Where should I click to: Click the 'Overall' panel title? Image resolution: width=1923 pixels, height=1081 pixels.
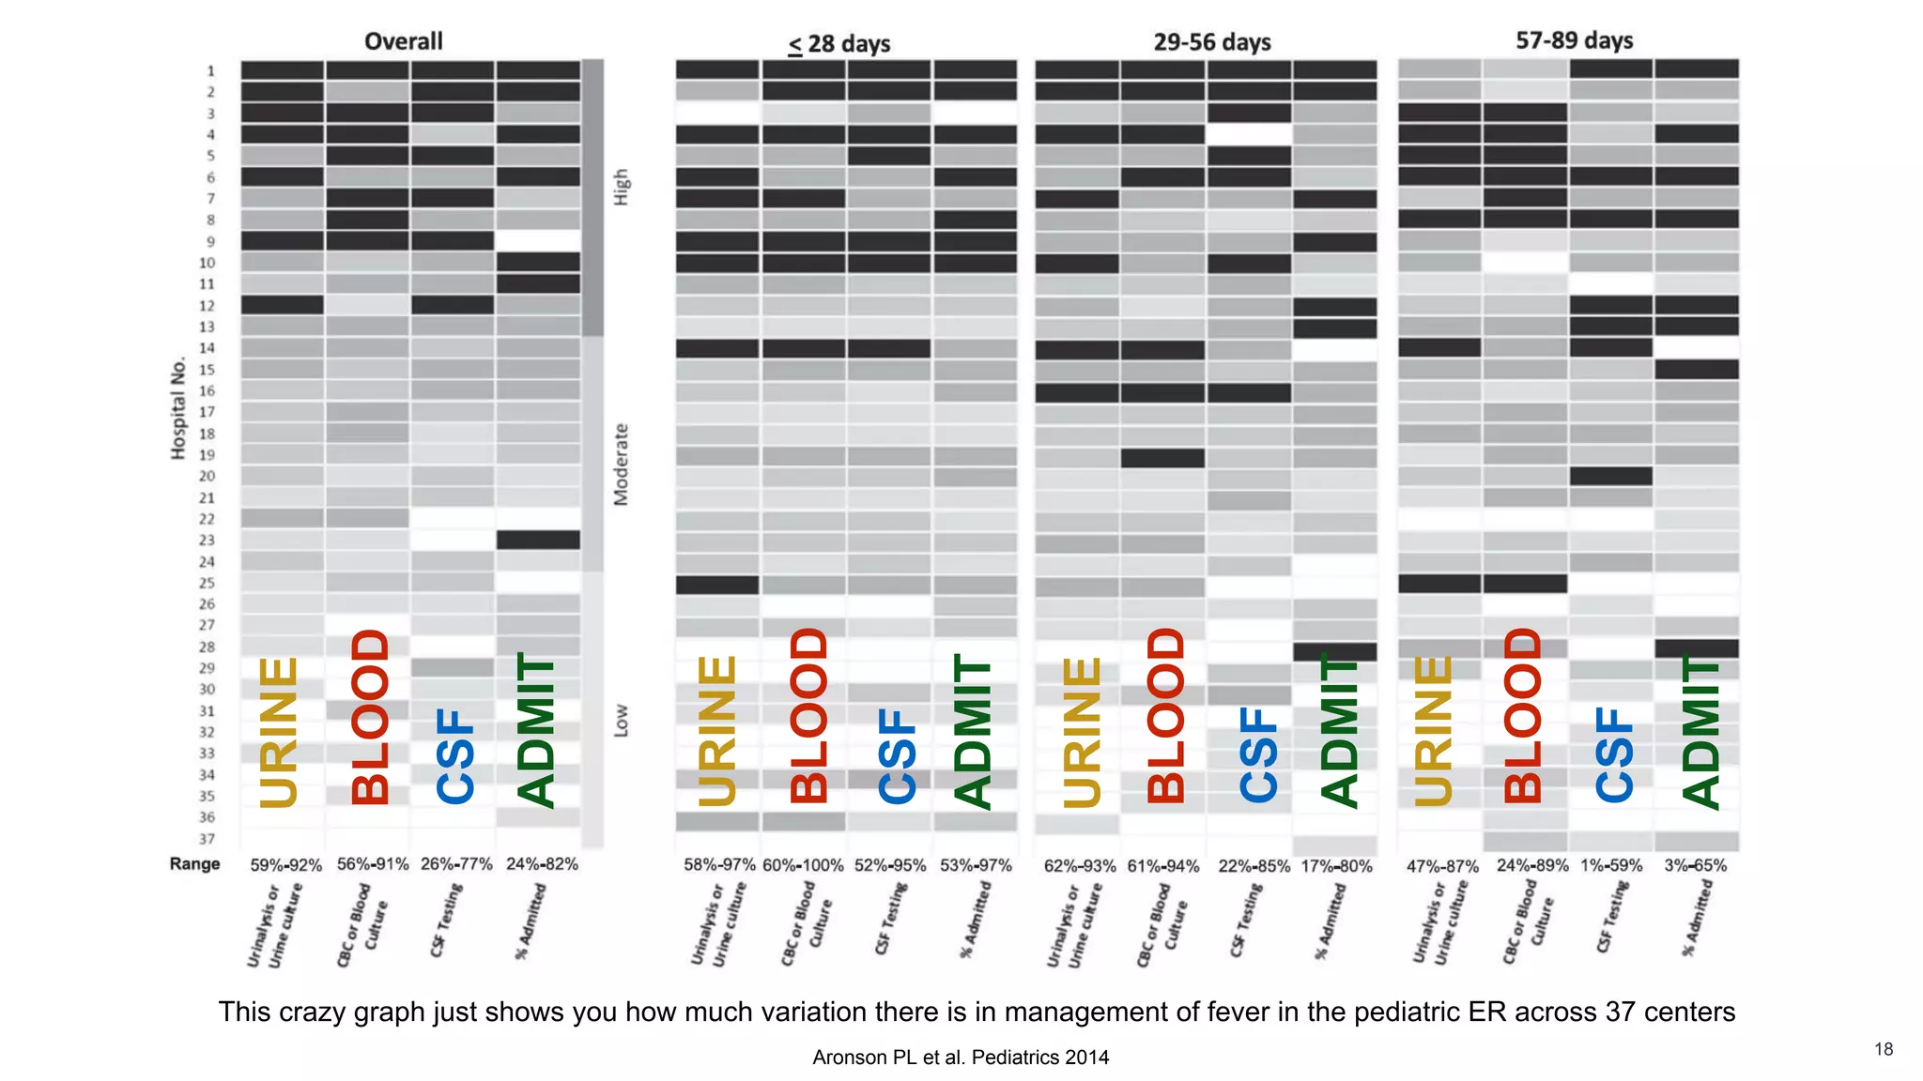pos(403,41)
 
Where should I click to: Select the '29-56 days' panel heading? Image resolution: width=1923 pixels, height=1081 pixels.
pos(1211,42)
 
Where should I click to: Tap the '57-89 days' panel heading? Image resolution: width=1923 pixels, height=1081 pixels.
pos(1574,40)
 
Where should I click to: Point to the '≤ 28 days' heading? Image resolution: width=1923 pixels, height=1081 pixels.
pos(839,44)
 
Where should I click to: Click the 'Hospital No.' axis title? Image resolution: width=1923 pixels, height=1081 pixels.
pos(178,408)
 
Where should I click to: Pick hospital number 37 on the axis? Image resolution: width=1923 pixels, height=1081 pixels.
pos(207,839)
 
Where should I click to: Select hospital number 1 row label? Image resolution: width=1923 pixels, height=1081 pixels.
pos(210,70)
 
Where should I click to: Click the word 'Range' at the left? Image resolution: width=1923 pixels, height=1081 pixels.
pos(194,863)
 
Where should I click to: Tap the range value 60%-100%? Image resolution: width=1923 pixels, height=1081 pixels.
pos(803,865)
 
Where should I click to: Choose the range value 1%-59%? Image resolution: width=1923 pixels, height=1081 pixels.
pos(1611,865)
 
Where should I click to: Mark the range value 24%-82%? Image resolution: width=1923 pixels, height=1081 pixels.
pos(542,863)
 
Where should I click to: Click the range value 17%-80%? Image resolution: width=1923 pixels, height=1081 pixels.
pos(1336,866)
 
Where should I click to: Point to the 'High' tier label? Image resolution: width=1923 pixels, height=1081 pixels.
pos(622,188)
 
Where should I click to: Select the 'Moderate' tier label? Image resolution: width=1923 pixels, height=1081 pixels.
pos(621,464)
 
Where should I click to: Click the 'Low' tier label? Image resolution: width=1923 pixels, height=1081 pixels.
pos(621,721)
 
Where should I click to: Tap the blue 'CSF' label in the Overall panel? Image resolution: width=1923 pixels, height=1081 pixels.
pos(455,755)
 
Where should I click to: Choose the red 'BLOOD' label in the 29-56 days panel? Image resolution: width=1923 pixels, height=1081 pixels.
pos(1165,715)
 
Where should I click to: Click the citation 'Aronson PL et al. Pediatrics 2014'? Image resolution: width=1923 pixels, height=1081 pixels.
pos(961,1058)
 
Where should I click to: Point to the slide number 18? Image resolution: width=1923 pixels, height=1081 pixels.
pos(1884,1049)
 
